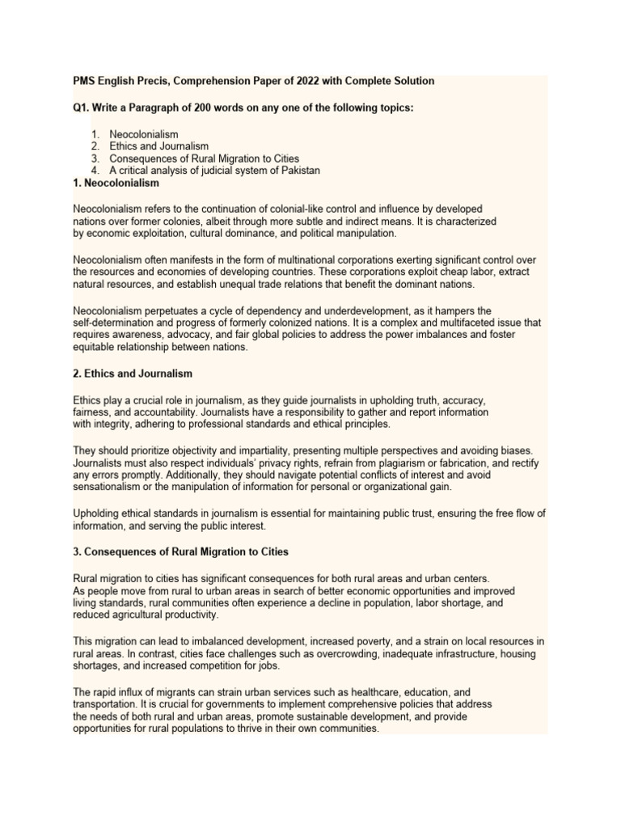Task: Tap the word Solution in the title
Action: point(412,81)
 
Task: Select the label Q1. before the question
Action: point(82,108)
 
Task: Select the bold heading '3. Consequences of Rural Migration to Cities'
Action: point(180,551)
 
